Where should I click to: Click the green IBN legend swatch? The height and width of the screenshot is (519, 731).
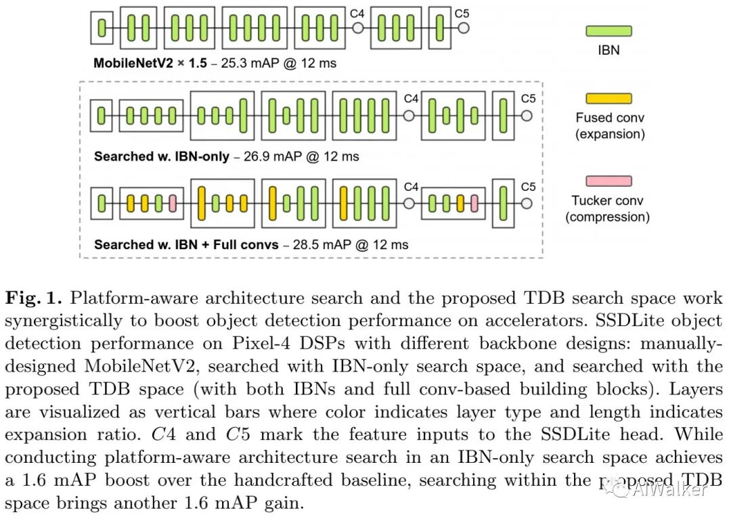[608, 31]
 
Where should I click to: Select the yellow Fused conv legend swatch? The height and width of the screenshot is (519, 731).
[608, 99]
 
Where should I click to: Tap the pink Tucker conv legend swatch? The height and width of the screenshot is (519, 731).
[608, 181]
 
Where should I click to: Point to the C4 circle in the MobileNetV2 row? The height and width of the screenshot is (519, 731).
[358, 28]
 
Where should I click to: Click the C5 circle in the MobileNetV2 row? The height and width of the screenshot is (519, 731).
[463, 28]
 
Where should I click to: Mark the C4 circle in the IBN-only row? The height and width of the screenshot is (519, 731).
[408, 116]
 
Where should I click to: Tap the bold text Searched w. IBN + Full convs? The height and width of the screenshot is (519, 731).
[186, 244]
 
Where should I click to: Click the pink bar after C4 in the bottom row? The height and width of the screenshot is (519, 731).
[474, 203]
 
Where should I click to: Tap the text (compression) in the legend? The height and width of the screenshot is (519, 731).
[607, 217]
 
